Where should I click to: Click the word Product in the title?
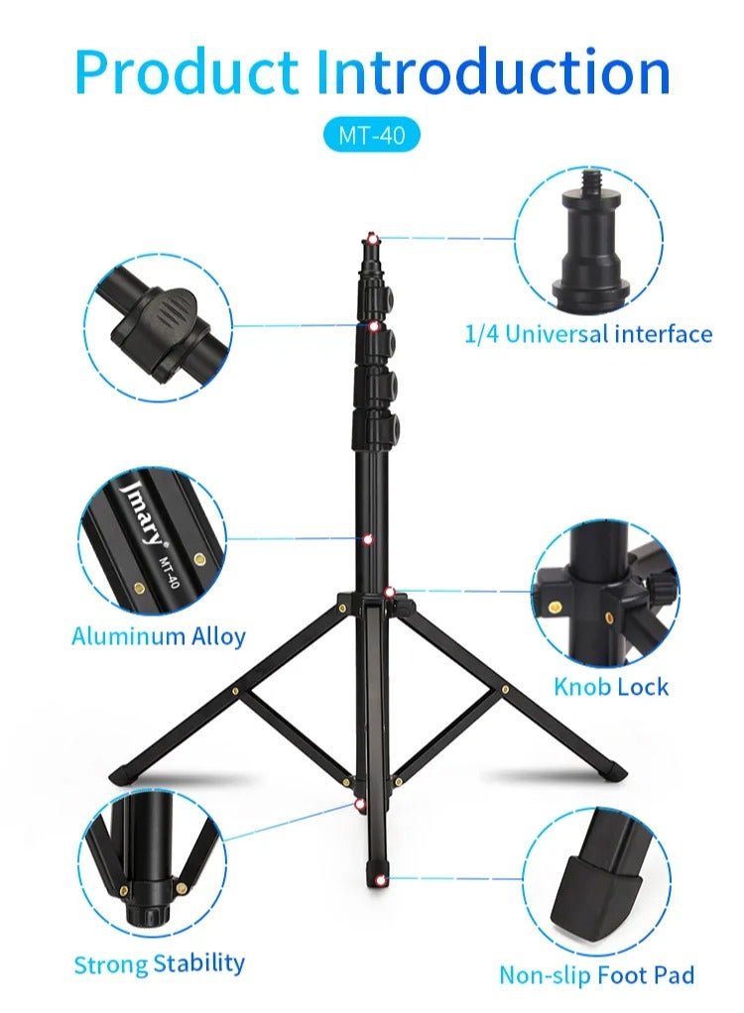point(186,71)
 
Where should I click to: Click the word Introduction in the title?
point(493,71)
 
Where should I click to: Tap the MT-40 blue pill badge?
point(372,135)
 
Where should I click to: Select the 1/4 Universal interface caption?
point(588,334)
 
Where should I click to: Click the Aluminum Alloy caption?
point(159,635)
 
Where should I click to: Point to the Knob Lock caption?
point(611,686)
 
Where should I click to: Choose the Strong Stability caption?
point(159,962)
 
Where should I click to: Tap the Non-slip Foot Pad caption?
point(596,975)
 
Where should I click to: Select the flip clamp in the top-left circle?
point(159,315)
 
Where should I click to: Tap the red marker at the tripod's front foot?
point(381,879)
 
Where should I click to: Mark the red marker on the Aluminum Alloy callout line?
point(367,540)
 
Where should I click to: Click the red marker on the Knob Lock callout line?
point(390,592)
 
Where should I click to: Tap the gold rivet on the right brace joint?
point(505,687)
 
